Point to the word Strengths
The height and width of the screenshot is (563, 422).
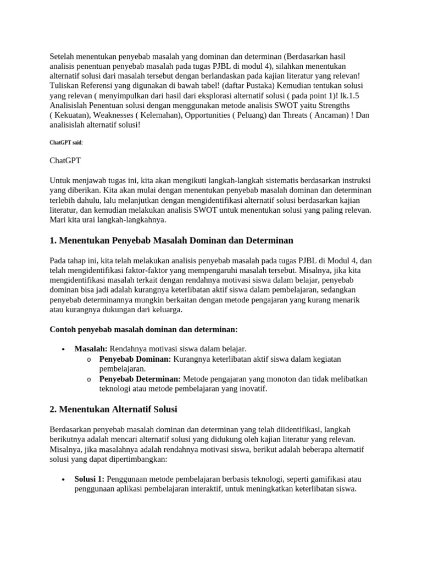[331, 105]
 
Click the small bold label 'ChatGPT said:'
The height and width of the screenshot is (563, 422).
[66, 142]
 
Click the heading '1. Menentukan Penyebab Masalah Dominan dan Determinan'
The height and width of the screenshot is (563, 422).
[171, 240]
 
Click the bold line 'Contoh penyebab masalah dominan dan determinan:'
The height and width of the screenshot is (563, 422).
[143, 329]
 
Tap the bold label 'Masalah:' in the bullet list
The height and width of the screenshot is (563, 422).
[91, 349]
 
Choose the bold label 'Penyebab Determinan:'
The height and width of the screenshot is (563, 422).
[140, 379]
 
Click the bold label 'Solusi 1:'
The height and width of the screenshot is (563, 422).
[89, 479]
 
